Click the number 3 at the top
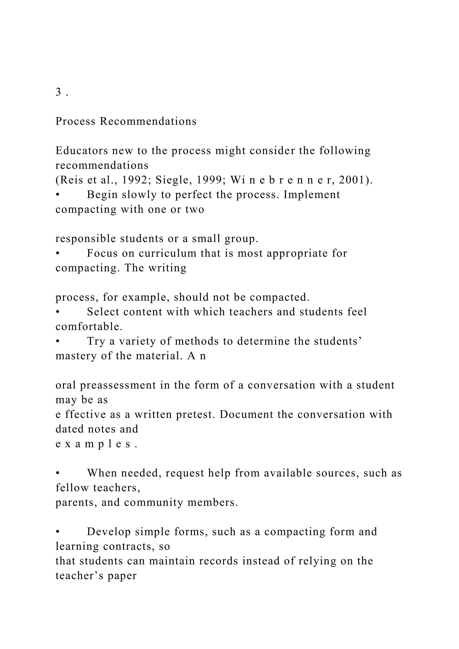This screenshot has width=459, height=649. pyautogui.click(x=58, y=92)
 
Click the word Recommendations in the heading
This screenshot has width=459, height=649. pyautogui.click(x=148, y=121)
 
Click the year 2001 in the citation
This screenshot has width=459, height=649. pyautogui.click(x=353, y=180)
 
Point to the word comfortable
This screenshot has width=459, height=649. pyautogui.click(x=89, y=327)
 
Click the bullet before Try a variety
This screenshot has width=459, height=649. pyautogui.click(x=57, y=342)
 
